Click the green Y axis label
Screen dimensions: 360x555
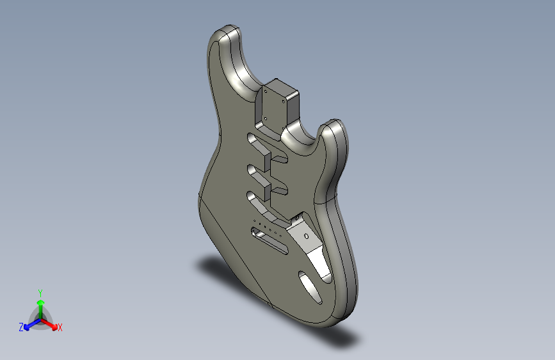[x=40, y=291]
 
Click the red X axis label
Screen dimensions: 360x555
[x=60, y=328]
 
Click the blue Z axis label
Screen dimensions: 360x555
[x=21, y=327]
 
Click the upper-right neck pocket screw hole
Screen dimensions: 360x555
[x=283, y=99]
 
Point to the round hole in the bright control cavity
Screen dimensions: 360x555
[x=308, y=236]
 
